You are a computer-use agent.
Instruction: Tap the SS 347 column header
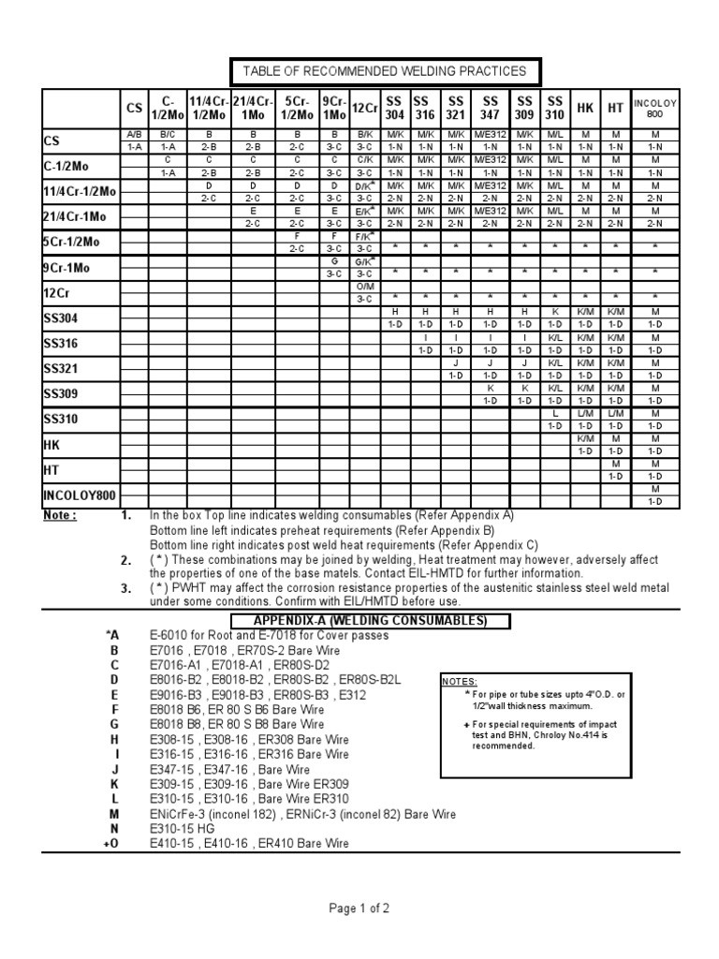[490, 108]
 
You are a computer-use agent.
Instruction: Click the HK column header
[585, 108]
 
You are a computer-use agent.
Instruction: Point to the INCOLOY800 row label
[80, 494]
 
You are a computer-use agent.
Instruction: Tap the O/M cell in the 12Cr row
[363, 288]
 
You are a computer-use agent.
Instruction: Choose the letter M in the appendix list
[114, 815]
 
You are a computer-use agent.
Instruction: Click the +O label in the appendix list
[111, 844]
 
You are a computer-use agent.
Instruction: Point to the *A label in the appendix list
[113, 636]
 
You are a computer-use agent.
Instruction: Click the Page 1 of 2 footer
[359, 907]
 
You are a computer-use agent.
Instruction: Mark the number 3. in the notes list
[125, 588]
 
